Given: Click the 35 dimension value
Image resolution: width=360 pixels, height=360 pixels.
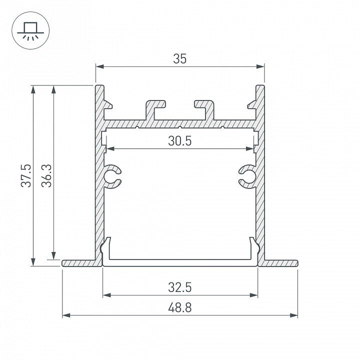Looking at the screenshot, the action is click(x=180, y=59).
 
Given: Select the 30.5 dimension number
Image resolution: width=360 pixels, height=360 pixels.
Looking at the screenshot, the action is click(x=180, y=141).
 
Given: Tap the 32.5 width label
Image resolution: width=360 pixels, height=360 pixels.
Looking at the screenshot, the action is click(x=180, y=287).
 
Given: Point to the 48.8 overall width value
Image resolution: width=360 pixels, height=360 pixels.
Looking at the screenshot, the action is click(x=180, y=307).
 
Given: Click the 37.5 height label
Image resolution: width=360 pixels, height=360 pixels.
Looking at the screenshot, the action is click(x=26, y=175).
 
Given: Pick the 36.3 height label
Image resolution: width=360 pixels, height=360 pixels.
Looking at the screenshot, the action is click(x=46, y=175).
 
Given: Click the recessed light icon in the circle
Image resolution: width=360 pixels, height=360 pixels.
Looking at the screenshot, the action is click(x=30, y=31).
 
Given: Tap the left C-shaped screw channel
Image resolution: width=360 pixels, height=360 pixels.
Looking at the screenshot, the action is click(x=112, y=177).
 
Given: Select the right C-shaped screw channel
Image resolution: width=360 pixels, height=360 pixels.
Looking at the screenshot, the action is click(x=247, y=177).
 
